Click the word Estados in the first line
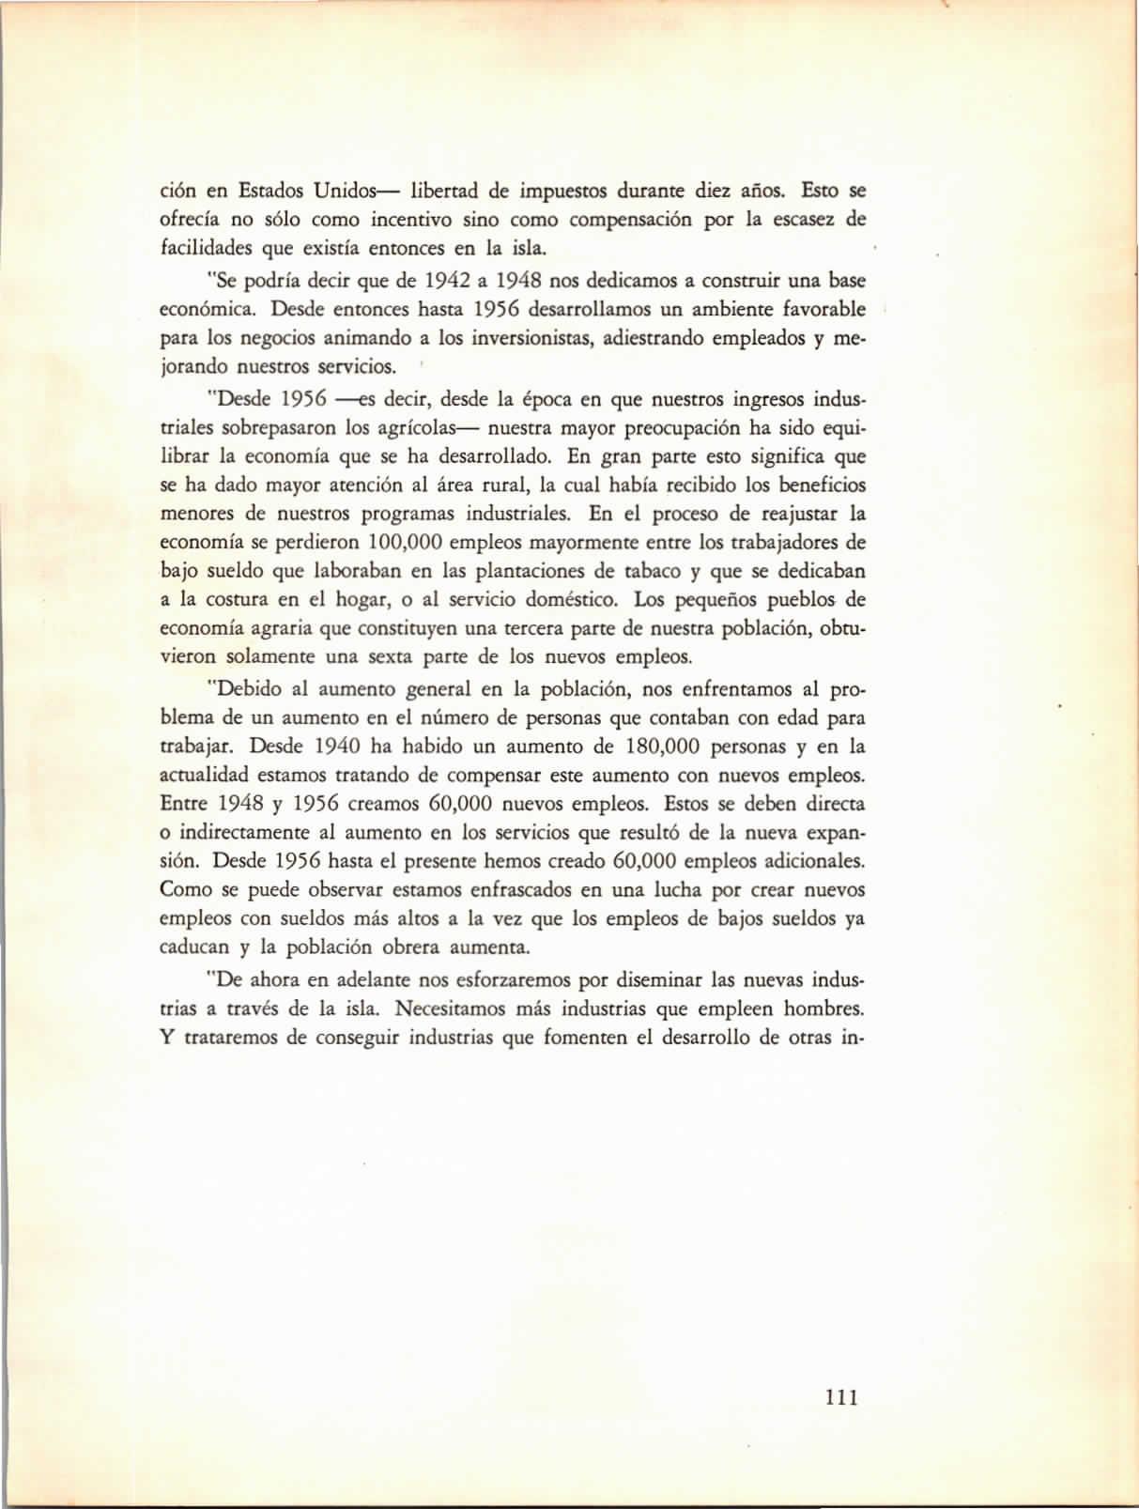(269, 192)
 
